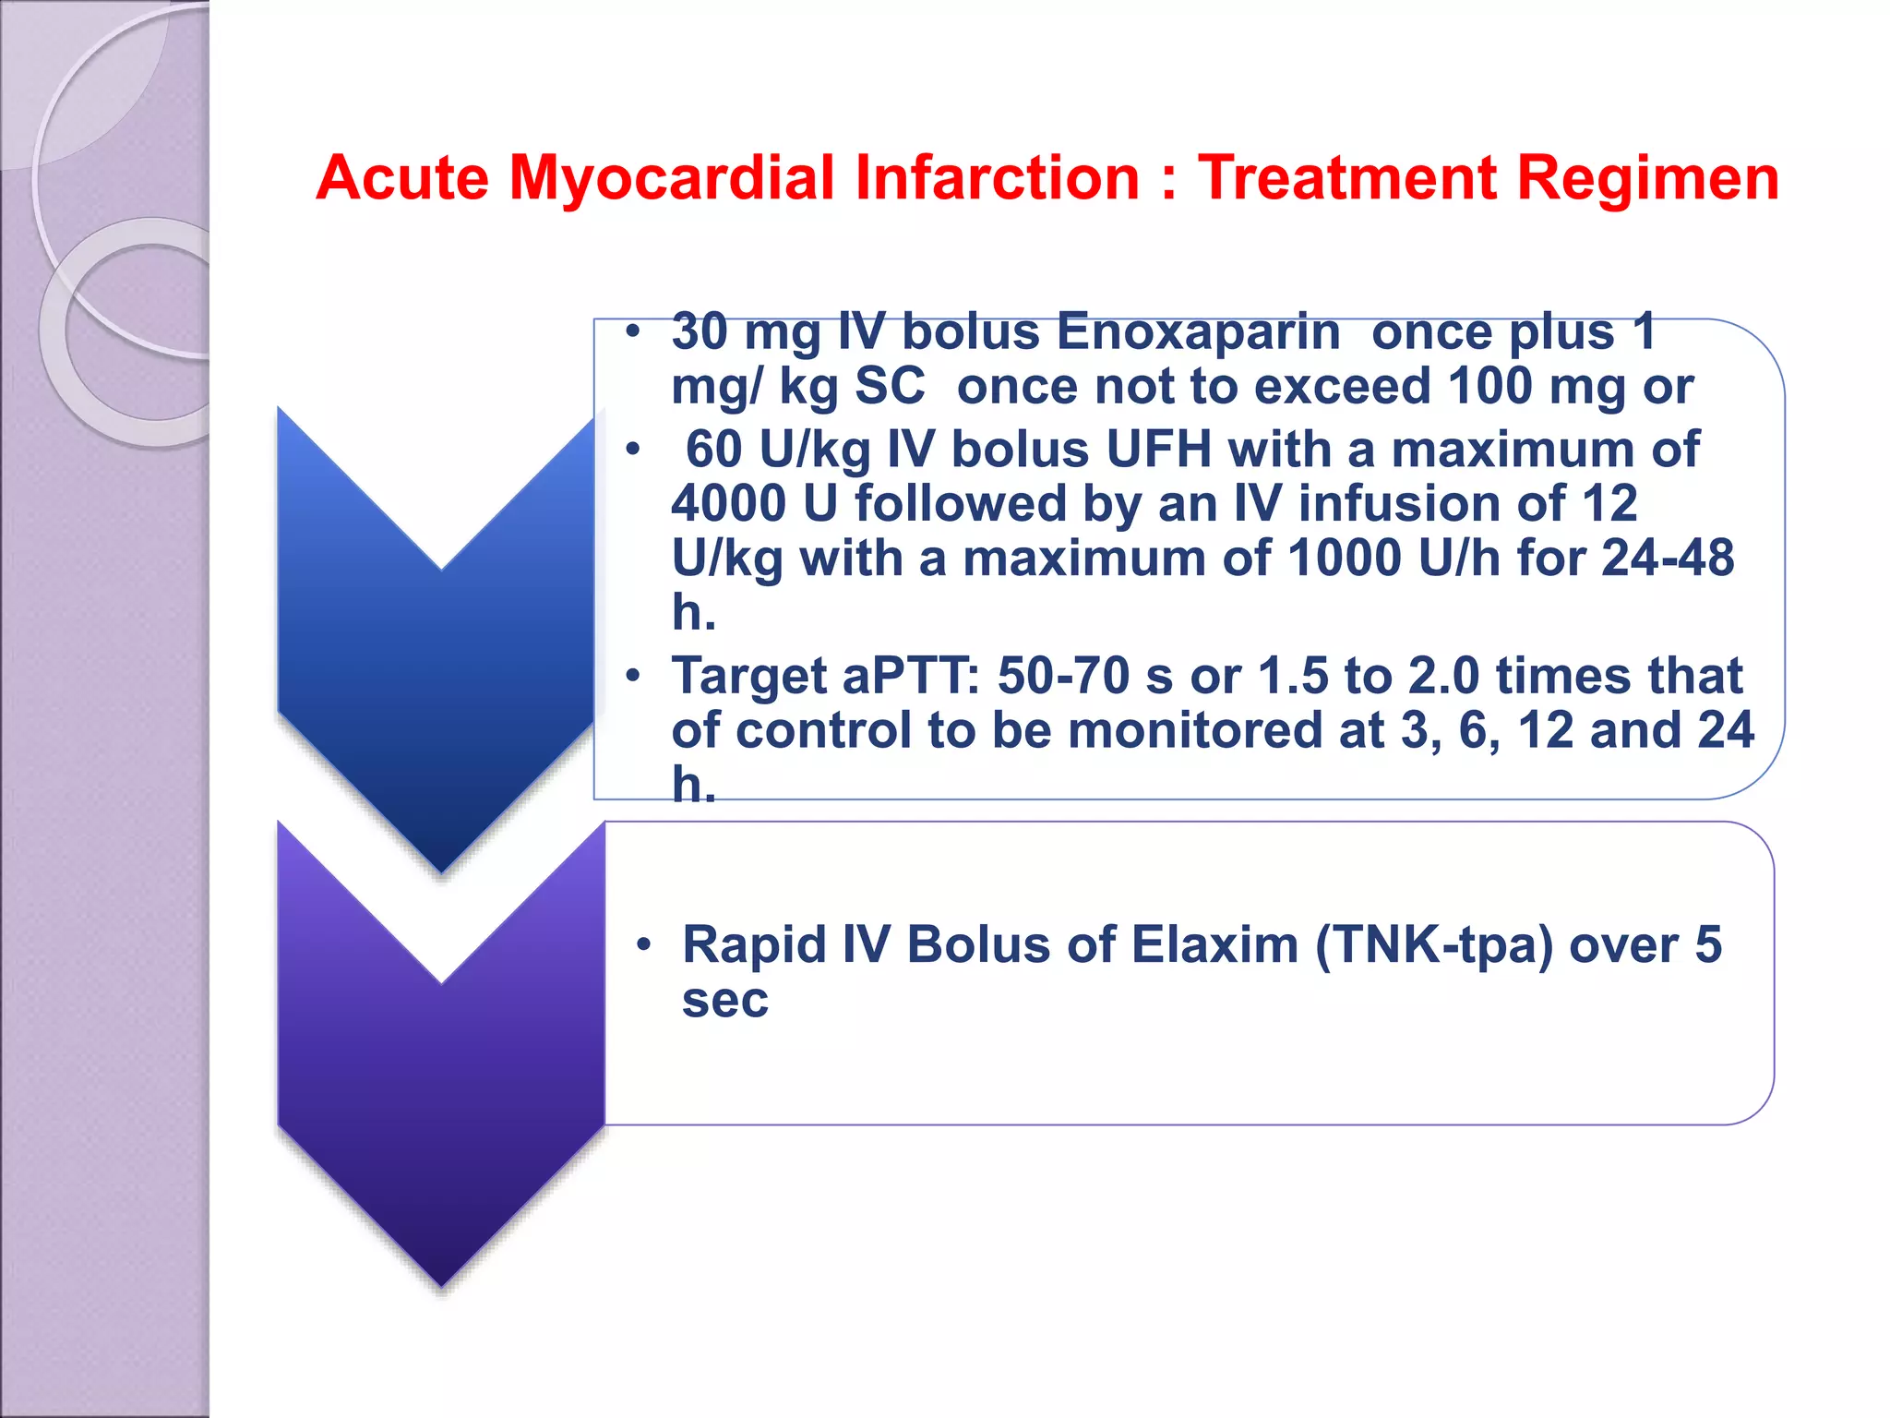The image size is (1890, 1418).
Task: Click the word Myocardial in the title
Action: click(x=671, y=177)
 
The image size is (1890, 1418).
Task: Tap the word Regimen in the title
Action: click(x=1647, y=177)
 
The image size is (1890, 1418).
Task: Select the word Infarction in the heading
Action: click(x=998, y=177)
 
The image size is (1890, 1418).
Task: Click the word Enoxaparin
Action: click(x=1197, y=331)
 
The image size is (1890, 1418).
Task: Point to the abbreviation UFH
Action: click(x=1158, y=450)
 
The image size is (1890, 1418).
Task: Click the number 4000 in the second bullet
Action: click(x=729, y=504)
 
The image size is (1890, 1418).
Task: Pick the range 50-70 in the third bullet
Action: click(x=1063, y=676)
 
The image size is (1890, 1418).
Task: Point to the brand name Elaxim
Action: click(x=1214, y=945)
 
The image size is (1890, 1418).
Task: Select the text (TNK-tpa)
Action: click(x=1433, y=945)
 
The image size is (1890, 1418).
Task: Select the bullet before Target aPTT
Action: click(x=632, y=676)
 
